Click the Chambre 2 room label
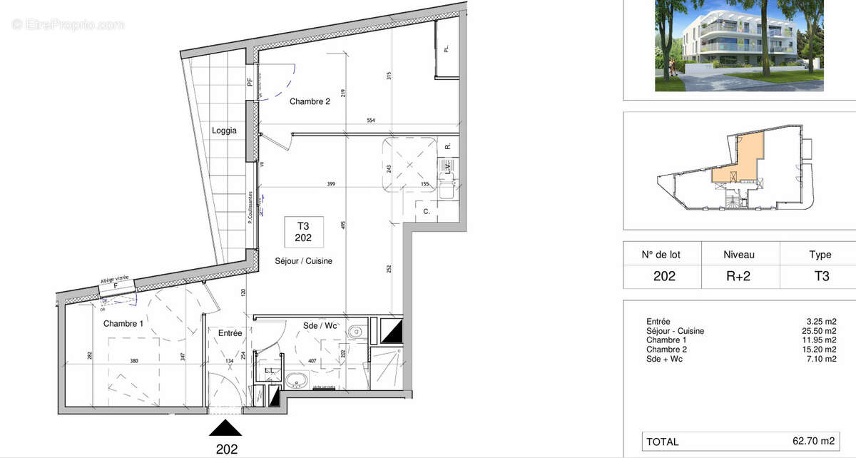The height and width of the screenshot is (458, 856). pyautogui.click(x=310, y=102)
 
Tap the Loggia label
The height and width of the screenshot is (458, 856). pyautogui.click(x=224, y=131)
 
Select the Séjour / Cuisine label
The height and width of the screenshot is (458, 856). pyautogui.click(x=304, y=261)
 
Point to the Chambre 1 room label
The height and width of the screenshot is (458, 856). pyautogui.click(x=123, y=324)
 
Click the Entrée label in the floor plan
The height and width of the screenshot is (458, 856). pyautogui.click(x=230, y=333)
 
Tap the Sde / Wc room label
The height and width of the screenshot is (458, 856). pyautogui.click(x=320, y=326)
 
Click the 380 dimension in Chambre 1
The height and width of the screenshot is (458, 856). pyautogui.click(x=134, y=361)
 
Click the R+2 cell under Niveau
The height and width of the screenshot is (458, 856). pyautogui.click(x=739, y=276)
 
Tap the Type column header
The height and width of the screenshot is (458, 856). pyautogui.click(x=820, y=255)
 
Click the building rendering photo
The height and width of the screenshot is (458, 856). pyautogui.click(x=739, y=46)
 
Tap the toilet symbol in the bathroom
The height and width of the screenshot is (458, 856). pyautogui.click(x=356, y=332)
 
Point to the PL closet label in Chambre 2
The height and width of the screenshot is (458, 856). pyautogui.click(x=447, y=49)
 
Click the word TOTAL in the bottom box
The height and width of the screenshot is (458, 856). pyautogui.click(x=663, y=442)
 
